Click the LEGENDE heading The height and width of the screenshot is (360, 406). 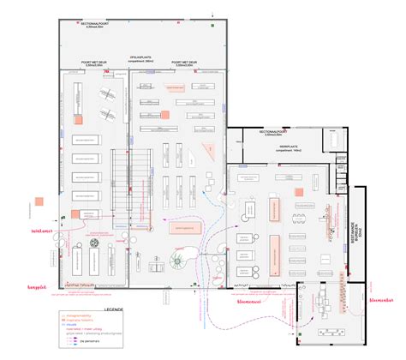114,308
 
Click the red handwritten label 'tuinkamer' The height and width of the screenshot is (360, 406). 42,231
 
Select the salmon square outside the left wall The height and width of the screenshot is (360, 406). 39,202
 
